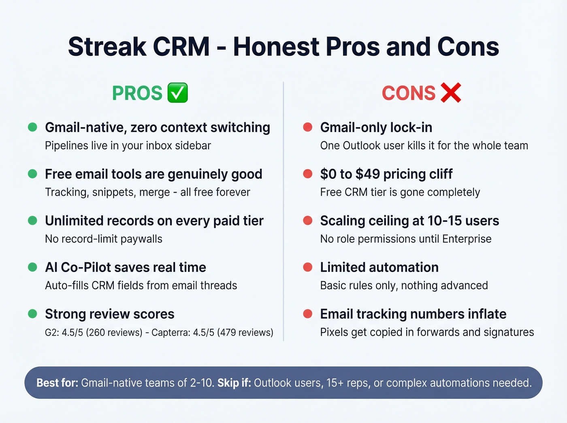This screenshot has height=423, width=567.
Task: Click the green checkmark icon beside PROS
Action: click(177, 93)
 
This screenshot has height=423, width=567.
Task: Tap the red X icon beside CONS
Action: click(451, 93)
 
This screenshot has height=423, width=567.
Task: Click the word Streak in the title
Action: click(107, 47)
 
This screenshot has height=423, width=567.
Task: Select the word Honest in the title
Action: click(276, 47)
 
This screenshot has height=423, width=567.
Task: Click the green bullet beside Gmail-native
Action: click(32, 127)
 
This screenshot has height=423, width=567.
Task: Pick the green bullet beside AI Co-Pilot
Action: click(32, 267)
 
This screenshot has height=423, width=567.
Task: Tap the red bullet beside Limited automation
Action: click(308, 267)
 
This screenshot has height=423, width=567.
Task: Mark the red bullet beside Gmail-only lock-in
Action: click(308, 127)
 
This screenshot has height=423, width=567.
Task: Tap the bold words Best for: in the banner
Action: click(58, 383)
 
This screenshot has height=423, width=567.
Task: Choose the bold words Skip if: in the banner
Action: click(234, 383)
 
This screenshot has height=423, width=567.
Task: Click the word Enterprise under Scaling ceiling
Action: click(467, 239)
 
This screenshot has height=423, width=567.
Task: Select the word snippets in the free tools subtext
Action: click(114, 192)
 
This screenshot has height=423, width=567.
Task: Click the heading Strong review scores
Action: click(109, 314)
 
